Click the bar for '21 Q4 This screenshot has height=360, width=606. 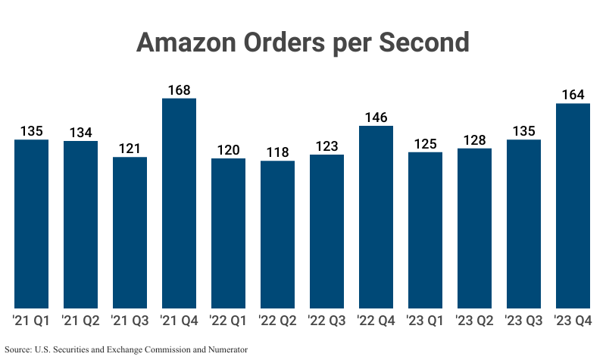pyautogui.click(x=180, y=203)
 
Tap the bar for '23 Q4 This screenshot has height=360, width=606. pyautogui.click(x=573, y=205)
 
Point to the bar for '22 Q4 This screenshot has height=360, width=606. pyautogui.click(x=376, y=217)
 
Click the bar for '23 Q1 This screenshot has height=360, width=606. pyautogui.click(x=426, y=230)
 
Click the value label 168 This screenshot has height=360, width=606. pyautogui.click(x=180, y=89)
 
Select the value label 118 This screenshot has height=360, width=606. pyautogui.click(x=278, y=152)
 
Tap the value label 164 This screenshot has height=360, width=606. pyautogui.click(x=573, y=95)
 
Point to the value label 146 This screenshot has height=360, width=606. pyautogui.click(x=376, y=117)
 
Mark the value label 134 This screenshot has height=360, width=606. pyautogui.click(x=81, y=133)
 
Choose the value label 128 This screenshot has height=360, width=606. pyautogui.click(x=475, y=139)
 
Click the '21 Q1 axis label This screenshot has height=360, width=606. pyautogui.click(x=32, y=321)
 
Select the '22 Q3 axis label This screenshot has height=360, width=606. pyautogui.click(x=327, y=321)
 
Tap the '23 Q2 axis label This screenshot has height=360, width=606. pyautogui.click(x=475, y=321)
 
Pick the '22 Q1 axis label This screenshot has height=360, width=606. pyautogui.click(x=229, y=321)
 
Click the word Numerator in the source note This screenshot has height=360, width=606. pyautogui.click(x=226, y=349)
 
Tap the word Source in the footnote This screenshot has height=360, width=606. pyautogui.click(x=18, y=349)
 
